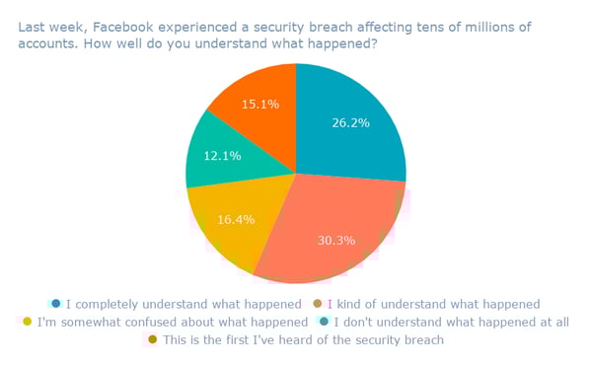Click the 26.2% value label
click(349, 124)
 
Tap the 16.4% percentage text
click(234, 219)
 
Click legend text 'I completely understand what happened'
click(183, 304)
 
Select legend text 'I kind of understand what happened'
click(433, 304)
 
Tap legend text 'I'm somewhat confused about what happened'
click(172, 322)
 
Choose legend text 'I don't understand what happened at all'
click(451, 322)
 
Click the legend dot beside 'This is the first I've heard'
click(152, 339)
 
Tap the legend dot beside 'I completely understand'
click(56, 304)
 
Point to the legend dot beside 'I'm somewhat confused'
click(27, 322)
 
